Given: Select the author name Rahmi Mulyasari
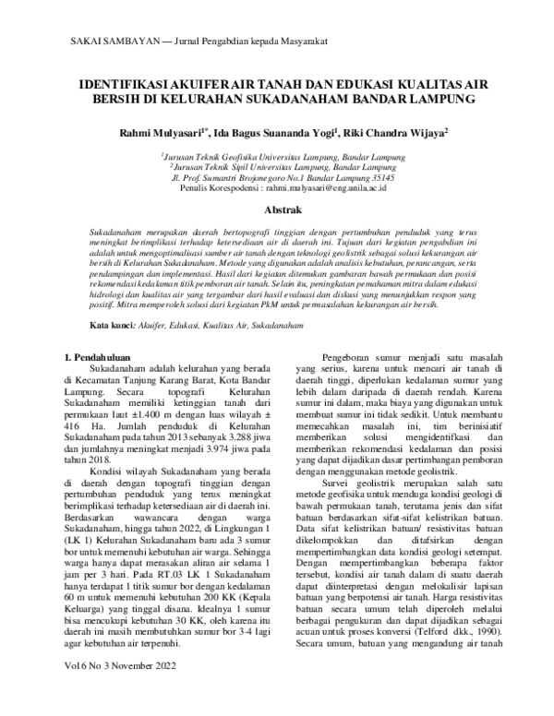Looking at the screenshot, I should [x=158, y=134].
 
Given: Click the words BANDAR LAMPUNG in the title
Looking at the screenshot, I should [x=416, y=99].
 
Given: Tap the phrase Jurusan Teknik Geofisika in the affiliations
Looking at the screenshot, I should [x=209, y=157].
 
